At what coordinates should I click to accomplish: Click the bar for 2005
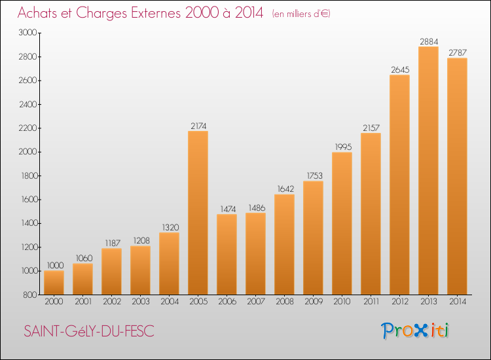[x=198, y=213]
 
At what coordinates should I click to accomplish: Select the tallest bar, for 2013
[x=428, y=171]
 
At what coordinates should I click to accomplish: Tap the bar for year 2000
[x=54, y=283]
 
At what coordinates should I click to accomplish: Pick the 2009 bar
[x=313, y=238]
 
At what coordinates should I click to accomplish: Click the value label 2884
[x=429, y=42]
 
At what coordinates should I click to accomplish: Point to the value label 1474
[x=228, y=209]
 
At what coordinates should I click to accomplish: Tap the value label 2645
[x=400, y=70]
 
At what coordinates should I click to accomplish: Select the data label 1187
[x=113, y=243]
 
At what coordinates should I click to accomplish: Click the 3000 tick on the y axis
[x=28, y=33]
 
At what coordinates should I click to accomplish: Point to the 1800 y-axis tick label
[x=29, y=175]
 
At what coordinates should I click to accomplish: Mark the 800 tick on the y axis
[x=30, y=295]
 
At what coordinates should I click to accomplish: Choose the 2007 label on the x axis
[x=256, y=302]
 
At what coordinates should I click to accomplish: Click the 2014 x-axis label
[x=458, y=302]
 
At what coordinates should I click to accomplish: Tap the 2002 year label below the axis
[x=112, y=302]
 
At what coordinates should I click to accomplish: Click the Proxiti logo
[x=415, y=331]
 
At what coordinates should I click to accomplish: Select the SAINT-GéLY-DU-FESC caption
[x=89, y=331]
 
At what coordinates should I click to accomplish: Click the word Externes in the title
[x=156, y=13]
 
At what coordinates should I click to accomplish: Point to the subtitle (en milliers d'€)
[x=301, y=14]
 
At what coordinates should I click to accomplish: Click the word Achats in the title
[x=37, y=13]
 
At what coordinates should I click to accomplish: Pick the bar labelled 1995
[x=342, y=223]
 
